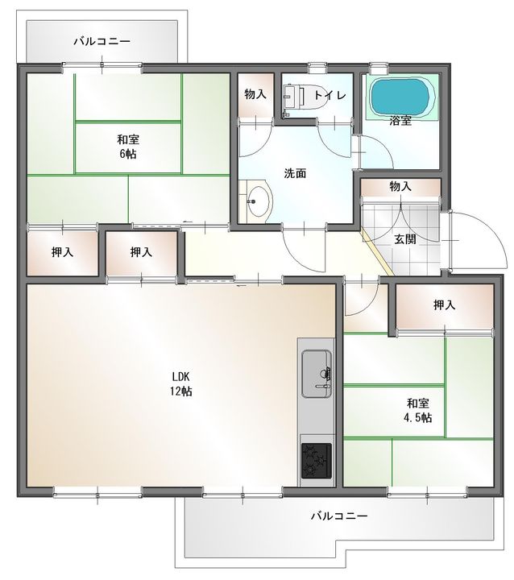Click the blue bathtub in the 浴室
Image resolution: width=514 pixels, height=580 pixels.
pyautogui.click(x=399, y=97)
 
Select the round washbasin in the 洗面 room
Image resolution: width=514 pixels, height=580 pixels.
pyautogui.click(x=257, y=201)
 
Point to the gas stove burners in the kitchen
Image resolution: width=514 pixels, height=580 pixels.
pyautogui.click(x=314, y=462)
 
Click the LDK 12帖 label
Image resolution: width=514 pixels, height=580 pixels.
pyautogui.click(x=180, y=383)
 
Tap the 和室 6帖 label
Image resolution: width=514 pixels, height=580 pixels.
pyautogui.click(x=126, y=146)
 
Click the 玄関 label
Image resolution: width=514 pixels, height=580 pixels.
pyautogui.click(x=404, y=238)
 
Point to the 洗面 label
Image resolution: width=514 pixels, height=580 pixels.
pyautogui.click(x=295, y=173)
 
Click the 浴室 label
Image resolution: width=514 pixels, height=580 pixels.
pyautogui.click(x=400, y=122)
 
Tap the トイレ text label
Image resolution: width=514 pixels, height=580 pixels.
pyautogui.click(x=330, y=95)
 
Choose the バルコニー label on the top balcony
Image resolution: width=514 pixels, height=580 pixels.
pyautogui.click(x=102, y=40)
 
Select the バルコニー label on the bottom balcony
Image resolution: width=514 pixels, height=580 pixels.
pyautogui.click(x=339, y=516)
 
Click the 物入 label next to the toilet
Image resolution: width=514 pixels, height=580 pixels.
pyautogui.click(x=255, y=94)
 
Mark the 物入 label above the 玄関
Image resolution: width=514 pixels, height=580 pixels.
pyautogui.click(x=400, y=186)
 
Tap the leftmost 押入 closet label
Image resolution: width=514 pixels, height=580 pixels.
pyautogui.click(x=63, y=252)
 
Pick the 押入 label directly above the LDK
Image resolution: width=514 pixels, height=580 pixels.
pyautogui.click(x=142, y=252)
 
